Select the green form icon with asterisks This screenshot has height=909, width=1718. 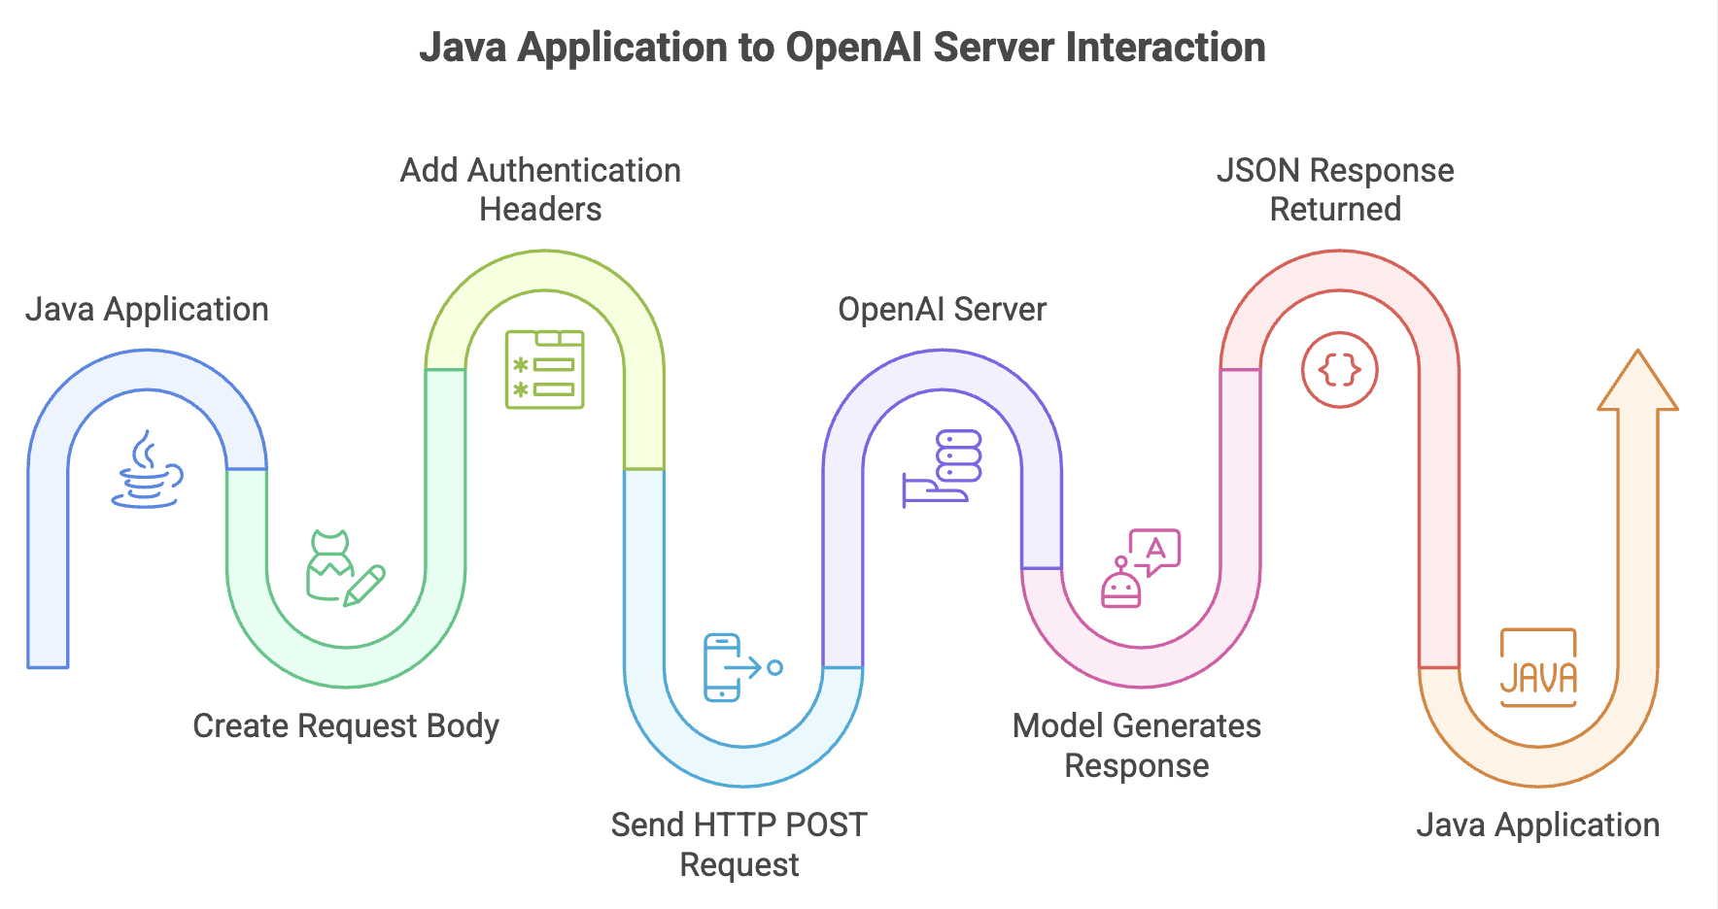pyautogui.click(x=544, y=369)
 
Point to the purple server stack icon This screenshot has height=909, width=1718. pyautogui.click(x=942, y=469)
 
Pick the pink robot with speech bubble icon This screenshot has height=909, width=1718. pyautogui.click(x=1141, y=568)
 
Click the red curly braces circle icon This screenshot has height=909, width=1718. pyautogui.click(x=1340, y=369)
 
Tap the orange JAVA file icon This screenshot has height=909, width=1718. pyautogui.click(x=1538, y=667)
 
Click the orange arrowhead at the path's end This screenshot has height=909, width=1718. pyautogui.click(x=1638, y=380)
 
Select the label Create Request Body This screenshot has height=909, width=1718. pyautogui.click(x=346, y=725)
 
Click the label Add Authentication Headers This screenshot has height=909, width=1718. pyautogui.click(x=540, y=189)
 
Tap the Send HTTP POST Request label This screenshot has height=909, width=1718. pyautogui.click(x=739, y=844)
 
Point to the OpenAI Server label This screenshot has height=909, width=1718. pyautogui.click(x=942, y=309)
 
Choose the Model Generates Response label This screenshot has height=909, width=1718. pyautogui.click(x=1137, y=745)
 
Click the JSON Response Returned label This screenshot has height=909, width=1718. pyautogui.click(x=1335, y=189)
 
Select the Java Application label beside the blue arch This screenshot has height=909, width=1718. pyautogui.click(x=147, y=309)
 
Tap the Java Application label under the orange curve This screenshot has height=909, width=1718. pyautogui.click(x=1537, y=825)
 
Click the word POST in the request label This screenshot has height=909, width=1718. pyautogui.click(x=825, y=825)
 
